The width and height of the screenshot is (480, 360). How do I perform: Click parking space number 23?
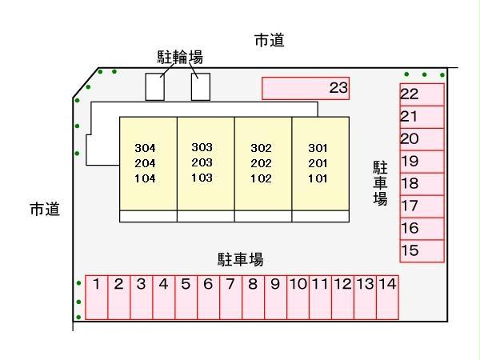point(306,88)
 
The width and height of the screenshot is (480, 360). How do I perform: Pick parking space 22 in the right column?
point(422,94)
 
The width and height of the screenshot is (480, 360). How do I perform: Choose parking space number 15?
point(422,250)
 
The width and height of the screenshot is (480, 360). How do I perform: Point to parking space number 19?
point(422,161)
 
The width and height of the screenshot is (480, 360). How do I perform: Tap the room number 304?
point(145,149)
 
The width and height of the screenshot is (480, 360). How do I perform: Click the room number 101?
point(318,178)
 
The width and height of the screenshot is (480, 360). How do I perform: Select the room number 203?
point(202,162)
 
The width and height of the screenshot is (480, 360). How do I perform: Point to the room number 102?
point(261,178)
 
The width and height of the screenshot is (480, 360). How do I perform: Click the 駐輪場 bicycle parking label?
point(179,57)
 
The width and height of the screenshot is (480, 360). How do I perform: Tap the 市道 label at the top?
point(269,42)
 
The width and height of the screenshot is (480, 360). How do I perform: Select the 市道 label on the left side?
point(45,210)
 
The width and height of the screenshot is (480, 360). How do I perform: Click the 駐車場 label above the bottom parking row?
point(240,259)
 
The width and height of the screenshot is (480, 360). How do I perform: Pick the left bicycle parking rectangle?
point(154,87)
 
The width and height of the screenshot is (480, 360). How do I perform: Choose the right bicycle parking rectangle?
point(201,87)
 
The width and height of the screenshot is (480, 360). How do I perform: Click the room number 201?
point(318,162)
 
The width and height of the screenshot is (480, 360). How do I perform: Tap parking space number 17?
point(422,206)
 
